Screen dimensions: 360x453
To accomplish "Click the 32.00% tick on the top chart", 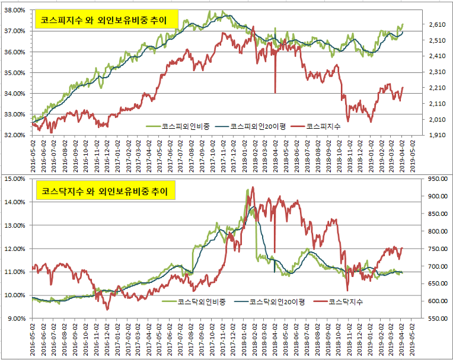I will pos(15,135).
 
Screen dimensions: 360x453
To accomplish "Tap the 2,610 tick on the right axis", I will pos(428,25).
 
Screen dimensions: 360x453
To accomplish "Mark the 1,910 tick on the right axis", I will pos(428,135).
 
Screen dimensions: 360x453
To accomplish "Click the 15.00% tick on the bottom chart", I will pos(15,179).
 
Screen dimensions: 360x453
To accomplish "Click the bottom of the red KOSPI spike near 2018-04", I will pos(275,93).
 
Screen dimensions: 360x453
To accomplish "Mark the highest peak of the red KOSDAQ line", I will pos(253,187).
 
